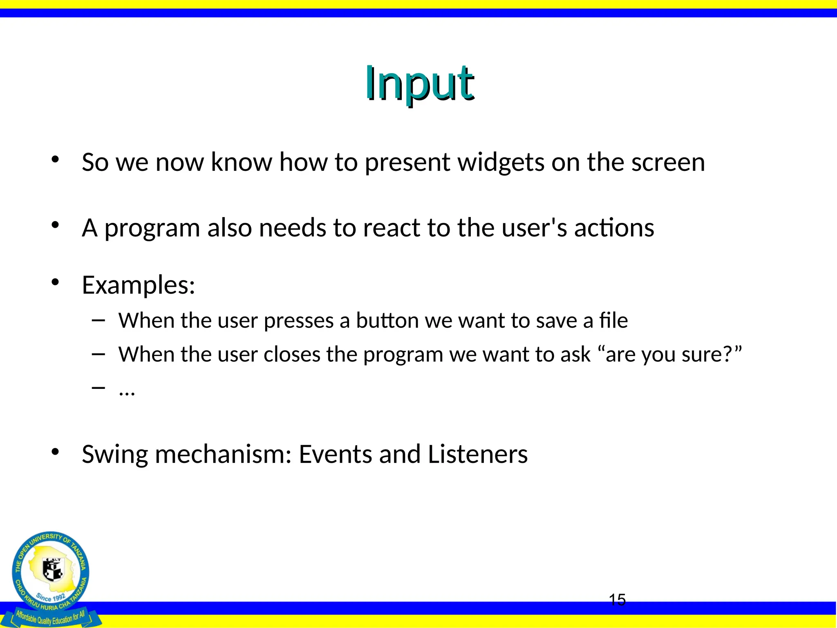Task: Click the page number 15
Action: click(617, 600)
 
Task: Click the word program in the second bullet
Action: click(152, 228)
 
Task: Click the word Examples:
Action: click(139, 285)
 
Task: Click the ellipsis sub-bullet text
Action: click(127, 392)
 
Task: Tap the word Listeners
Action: click(478, 454)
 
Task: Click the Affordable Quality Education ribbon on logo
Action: click(51, 617)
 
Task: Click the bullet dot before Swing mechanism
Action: click(56, 452)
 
